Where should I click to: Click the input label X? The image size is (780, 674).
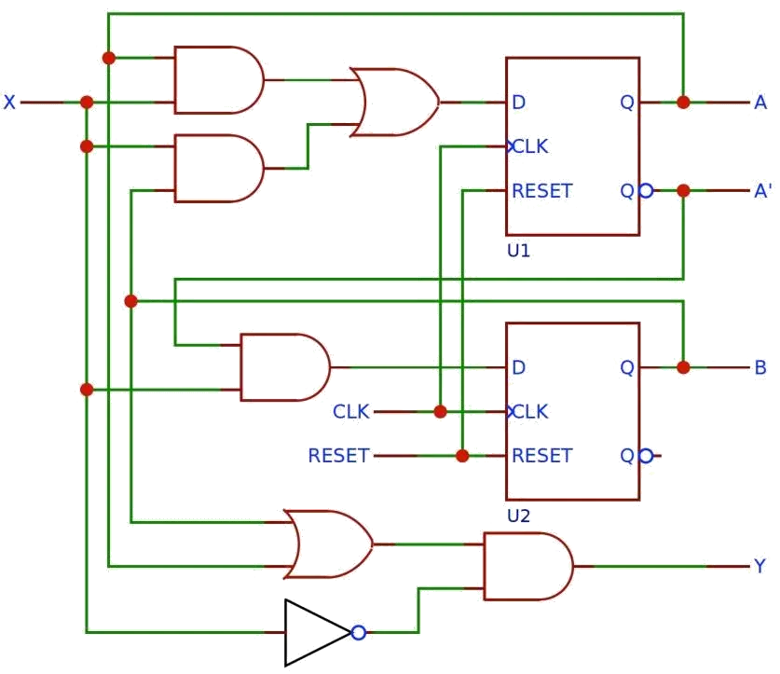click(x=9, y=102)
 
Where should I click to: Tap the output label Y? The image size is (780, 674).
click(x=759, y=566)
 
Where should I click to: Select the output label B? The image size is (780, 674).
click(x=760, y=367)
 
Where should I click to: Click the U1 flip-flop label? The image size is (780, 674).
click(x=518, y=251)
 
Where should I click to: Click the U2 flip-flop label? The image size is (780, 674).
click(x=518, y=516)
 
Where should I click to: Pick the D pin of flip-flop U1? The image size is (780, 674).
click(x=518, y=102)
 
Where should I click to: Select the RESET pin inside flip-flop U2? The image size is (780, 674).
click(x=541, y=456)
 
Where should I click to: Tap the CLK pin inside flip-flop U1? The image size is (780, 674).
click(x=529, y=146)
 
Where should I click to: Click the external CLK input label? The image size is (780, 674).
click(x=350, y=412)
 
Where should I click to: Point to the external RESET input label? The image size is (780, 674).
click(x=338, y=456)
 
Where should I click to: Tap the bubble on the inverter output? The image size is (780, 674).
click(x=359, y=633)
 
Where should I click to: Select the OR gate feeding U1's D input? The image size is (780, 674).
click(x=394, y=102)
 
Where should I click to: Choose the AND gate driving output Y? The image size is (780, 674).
click(x=528, y=566)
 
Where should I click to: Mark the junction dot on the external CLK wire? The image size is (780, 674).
click(x=440, y=412)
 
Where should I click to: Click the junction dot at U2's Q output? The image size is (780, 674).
click(x=683, y=367)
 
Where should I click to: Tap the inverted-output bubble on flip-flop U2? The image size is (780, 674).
click(x=646, y=456)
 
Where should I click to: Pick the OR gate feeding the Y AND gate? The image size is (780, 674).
click(x=328, y=544)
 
